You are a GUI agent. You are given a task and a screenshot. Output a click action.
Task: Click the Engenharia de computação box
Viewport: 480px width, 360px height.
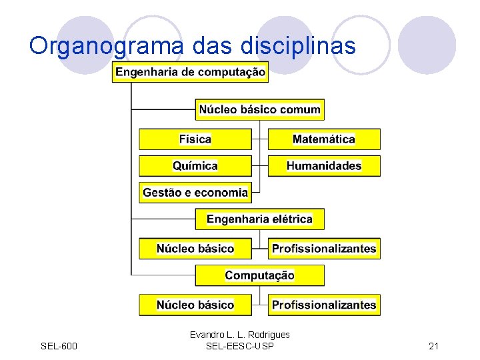[x=190, y=72]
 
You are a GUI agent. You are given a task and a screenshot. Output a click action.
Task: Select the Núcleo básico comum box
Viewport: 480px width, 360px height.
[x=260, y=109]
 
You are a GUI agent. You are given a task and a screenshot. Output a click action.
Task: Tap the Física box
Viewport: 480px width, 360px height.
[x=195, y=139]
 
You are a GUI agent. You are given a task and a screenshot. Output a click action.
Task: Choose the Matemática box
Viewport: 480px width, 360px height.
[x=324, y=139]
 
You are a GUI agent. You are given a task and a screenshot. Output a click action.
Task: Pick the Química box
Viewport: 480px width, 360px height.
[x=195, y=166]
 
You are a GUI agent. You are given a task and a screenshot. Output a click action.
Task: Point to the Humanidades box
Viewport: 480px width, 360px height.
[x=324, y=166]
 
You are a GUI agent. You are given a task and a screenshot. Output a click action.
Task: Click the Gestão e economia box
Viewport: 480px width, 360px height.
[x=195, y=193]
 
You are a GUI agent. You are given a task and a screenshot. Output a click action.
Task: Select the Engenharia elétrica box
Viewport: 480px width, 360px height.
[x=259, y=219]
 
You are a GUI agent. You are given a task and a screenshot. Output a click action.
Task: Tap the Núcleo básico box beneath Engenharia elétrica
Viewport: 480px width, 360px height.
[x=195, y=249]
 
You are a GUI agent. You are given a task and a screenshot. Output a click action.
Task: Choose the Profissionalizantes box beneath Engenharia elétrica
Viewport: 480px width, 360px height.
[x=324, y=249]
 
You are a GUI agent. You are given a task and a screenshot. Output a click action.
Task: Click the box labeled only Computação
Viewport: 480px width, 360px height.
[x=259, y=275]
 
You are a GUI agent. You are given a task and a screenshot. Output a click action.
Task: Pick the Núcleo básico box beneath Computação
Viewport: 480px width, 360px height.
[x=195, y=305]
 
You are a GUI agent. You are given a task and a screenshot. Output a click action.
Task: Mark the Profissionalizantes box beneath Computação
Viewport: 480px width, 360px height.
[x=324, y=305]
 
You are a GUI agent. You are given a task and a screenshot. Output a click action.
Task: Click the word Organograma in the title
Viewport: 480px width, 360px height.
[x=107, y=46]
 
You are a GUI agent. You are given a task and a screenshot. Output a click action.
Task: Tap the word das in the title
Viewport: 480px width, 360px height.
[x=209, y=45]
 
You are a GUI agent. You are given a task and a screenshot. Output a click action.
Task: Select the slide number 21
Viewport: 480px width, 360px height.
[x=433, y=345]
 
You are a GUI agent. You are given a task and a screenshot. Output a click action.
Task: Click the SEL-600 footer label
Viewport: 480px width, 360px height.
[x=59, y=345]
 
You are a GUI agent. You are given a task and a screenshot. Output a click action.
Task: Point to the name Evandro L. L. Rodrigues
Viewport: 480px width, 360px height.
[x=239, y=335]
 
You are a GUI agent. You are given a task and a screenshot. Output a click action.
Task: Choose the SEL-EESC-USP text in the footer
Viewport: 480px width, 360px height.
[x=239, y=345]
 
